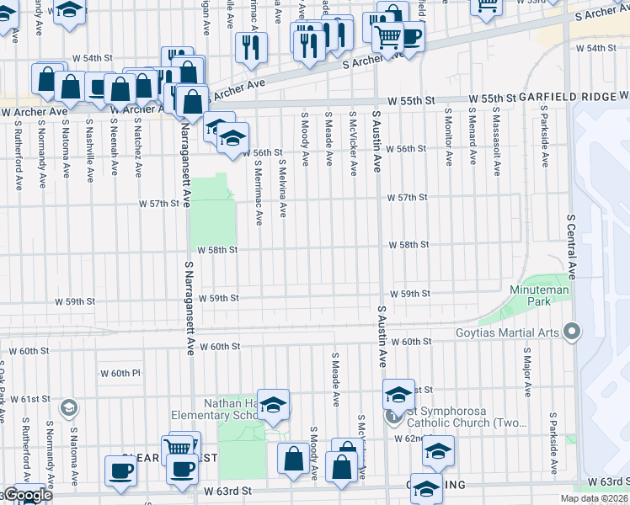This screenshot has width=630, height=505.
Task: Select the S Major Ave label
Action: [526, 370]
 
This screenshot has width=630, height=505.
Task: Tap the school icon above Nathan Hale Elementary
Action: [273, 405]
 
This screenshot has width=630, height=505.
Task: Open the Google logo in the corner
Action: [27, 495]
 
